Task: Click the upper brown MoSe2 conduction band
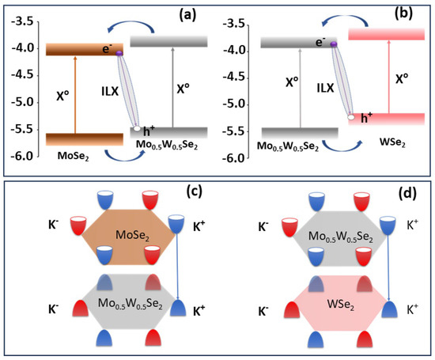pos(78,50)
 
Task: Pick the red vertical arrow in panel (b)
pos(373,79)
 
